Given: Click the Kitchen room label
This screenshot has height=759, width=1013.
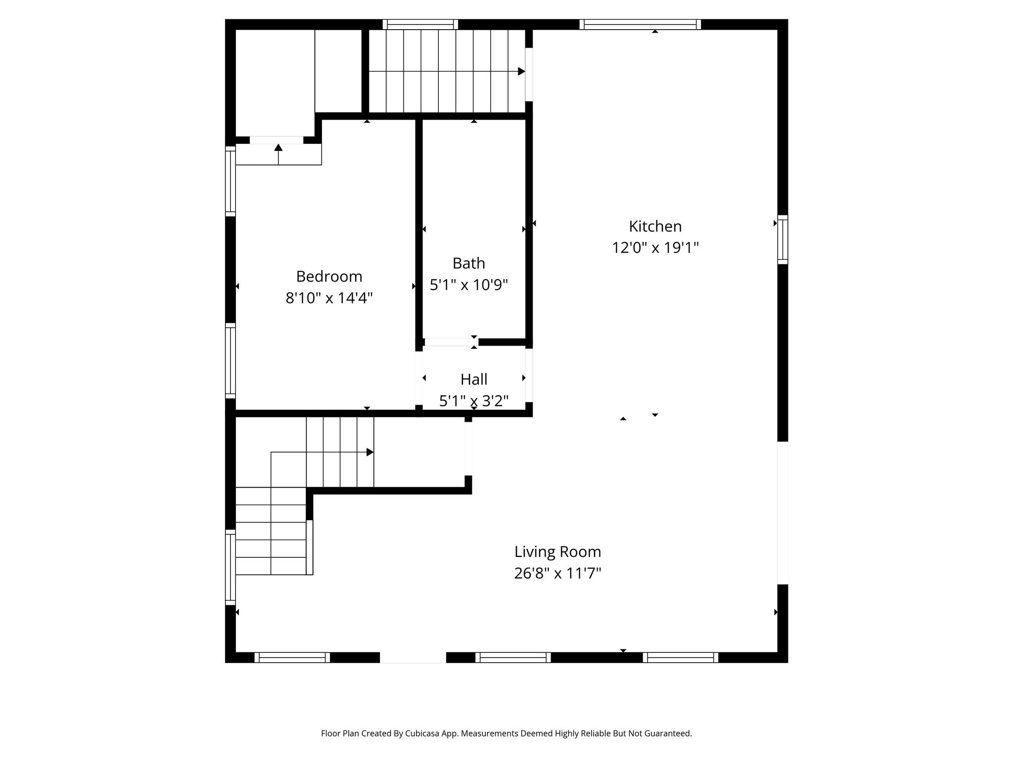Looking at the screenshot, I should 655,226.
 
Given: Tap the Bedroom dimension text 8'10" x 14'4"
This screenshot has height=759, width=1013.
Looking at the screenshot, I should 329,298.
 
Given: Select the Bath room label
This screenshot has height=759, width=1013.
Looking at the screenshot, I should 468,263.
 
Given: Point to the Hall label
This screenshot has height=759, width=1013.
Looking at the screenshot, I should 474,379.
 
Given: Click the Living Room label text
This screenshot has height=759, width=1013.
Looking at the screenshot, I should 557,551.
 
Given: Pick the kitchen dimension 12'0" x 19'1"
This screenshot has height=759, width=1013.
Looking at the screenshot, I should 655,248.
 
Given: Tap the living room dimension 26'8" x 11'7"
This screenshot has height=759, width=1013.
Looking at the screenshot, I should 557,573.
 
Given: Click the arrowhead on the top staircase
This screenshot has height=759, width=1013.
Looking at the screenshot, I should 521,72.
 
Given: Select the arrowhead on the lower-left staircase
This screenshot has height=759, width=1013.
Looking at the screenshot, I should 369,452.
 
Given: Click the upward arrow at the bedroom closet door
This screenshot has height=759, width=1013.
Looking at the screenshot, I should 278,148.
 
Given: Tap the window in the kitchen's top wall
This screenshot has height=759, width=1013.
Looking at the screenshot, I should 640,24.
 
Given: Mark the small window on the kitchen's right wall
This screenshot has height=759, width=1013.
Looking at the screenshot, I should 783,240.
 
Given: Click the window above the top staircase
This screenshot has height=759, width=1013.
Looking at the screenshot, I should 420,24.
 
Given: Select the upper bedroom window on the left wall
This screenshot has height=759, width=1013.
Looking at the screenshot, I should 230,181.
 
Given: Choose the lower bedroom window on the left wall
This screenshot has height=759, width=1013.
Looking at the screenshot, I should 230,361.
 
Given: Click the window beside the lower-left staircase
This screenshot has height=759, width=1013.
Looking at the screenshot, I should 230,567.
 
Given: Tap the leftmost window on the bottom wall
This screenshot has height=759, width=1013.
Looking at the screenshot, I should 292,657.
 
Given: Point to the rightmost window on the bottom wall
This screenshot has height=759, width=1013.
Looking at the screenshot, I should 680,657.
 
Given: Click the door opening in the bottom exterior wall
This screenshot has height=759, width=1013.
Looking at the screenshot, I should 413,657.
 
